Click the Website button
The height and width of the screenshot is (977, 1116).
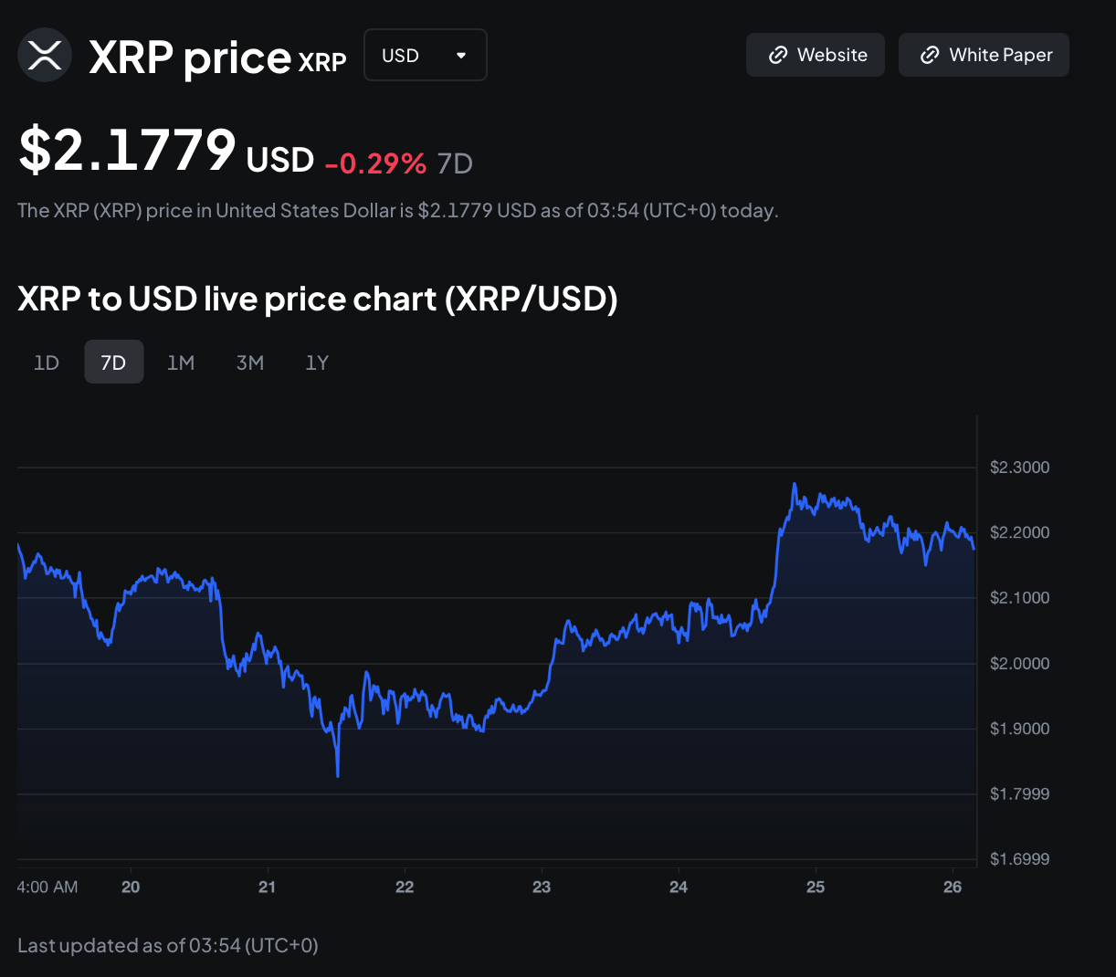click(x=816, y=55)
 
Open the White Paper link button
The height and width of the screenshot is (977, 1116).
click(x=984, y=55)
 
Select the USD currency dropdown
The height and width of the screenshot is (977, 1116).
click(x=425, y=55)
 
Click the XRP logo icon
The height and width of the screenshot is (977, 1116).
click(x=45, y=55)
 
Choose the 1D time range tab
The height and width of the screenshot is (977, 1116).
click(x=47, y=362)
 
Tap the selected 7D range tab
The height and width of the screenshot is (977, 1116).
click(x=113, y=362)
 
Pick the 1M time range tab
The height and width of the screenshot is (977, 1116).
click(x=181, y=362)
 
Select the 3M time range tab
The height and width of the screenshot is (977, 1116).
click(x=249, y=362)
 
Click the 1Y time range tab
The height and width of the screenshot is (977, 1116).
click(x=317, y=362)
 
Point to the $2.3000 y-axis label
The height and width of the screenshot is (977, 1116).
click(x=1019, y=467)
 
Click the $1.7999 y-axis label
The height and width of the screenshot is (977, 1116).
click(x=1019, y=794)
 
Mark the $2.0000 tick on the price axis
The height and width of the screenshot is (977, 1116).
click(x=1019, y=664)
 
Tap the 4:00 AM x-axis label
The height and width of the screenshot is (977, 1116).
click(x=47, y=887)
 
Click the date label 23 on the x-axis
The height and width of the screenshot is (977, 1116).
click(x=542, y=887)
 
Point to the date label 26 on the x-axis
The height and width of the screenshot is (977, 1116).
click(x=953, y=887)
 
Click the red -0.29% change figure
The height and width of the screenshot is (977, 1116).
click(x=375, y=163)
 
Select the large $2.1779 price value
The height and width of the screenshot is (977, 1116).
click(x=128, y=151)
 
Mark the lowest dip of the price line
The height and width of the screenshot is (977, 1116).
click(x=338, y=775)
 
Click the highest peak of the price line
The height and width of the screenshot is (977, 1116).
click(x=795, y=485)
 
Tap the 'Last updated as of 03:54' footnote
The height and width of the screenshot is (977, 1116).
click(x=168, y=945)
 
